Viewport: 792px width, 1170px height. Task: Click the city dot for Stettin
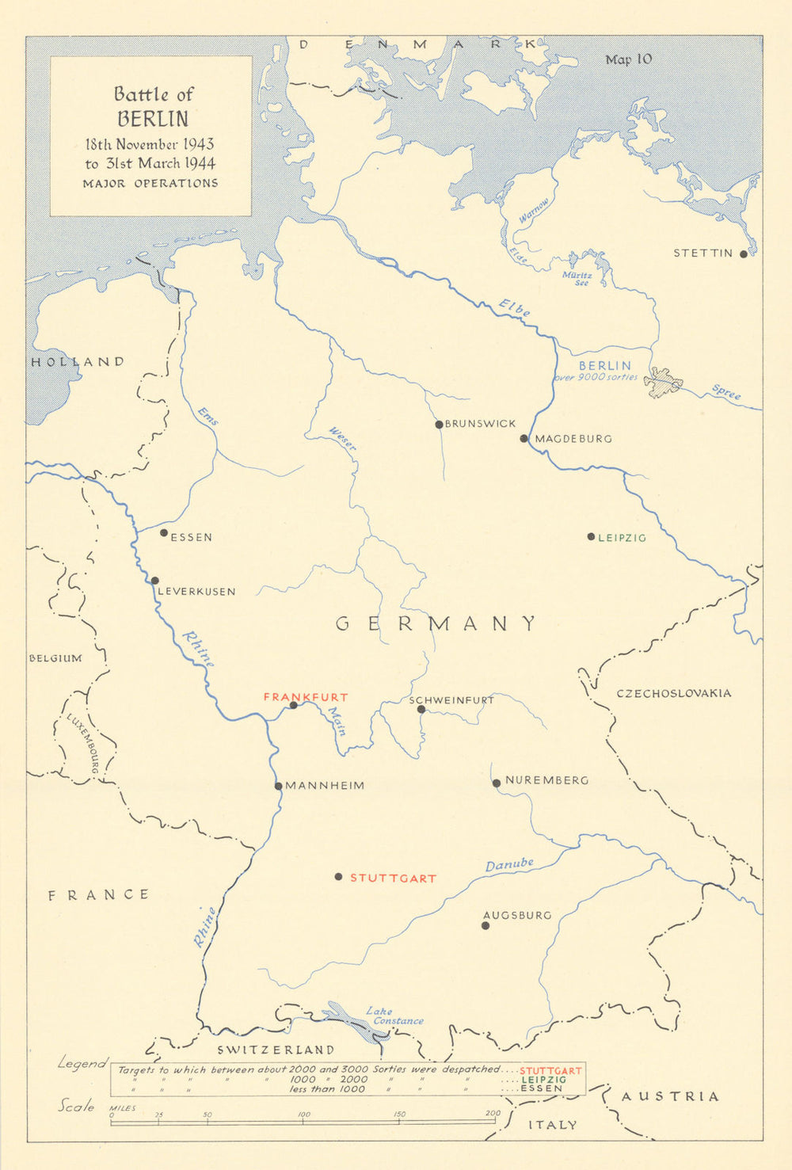coord(743,254)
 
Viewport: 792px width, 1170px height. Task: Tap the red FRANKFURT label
coord(305,697)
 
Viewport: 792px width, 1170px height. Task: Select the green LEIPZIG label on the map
coord(622,538)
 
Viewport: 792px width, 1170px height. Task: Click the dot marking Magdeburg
coord(524,438)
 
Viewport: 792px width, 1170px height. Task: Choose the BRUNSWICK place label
coord(480,424)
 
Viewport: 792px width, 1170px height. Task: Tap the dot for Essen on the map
coord(164,533)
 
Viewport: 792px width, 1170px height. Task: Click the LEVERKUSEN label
coord(196,592)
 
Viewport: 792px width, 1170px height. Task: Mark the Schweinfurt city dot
coord(421,709)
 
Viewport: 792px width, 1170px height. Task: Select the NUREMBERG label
coord(546,780)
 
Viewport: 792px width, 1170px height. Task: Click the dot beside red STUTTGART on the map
coord(338,877)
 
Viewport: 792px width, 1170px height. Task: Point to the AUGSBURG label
coord(517,915)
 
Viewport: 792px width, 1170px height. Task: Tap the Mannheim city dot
coord(279,786)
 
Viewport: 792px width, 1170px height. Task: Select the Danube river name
coord(509,865)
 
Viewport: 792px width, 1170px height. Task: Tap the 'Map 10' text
coord(628,59)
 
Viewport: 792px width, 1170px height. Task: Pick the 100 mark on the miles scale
coord(303,1115)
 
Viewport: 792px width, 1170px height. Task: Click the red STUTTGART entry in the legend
coord(550,1070)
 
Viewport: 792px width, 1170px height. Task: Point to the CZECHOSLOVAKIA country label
coord(674,693)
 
